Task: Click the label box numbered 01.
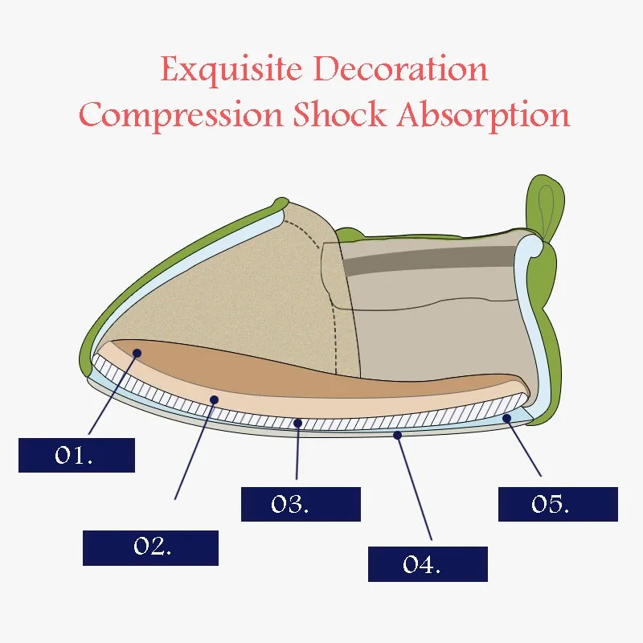tap(76, 455)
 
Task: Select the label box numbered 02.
tap(150, 548)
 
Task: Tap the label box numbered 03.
tap(301, 504)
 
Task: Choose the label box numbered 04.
tap(428, 564)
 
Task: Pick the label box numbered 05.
tap(558, 504)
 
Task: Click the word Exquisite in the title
tap(231, 70)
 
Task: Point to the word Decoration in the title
tap(403, 68)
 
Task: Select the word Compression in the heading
tap(180, 116)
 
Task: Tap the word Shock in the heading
tap(340, 113)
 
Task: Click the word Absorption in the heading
tap(484, 116)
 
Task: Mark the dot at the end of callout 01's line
tap(137, 353)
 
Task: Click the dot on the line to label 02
tap(214, 399)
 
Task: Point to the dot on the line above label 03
tap(298, 423)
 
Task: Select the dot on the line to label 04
tap(397, 435)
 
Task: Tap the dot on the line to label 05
tap(507, 418)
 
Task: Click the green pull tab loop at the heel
tap(545, 207)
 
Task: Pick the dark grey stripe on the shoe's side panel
tap(428, 260)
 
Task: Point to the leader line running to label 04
tap(414, 487)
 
